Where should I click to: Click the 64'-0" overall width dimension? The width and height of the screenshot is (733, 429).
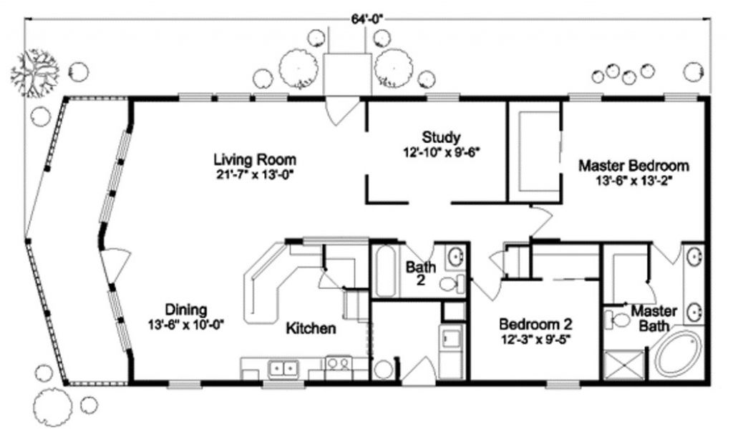tap(366, 19)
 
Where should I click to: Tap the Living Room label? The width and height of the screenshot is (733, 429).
tap(255, 160)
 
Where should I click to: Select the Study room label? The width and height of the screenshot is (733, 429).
tap(441, 137)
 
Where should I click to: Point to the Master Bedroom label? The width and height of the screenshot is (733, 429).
tap(634, 166)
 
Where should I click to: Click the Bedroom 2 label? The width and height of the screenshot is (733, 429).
tap(535, 323)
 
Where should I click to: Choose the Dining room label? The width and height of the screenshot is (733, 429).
tap(186, 310)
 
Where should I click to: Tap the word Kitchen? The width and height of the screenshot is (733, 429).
tap(311, 328)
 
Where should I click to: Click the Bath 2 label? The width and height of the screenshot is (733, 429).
tap(421, 273)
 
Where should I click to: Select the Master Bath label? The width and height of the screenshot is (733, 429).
tap(654, 318)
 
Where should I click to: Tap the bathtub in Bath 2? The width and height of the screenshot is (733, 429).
tap(386, 272)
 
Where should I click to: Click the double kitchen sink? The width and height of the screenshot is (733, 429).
tap(283, 369)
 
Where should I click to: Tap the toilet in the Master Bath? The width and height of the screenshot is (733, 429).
tap(618, 320)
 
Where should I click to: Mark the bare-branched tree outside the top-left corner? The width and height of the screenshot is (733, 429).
tap(35, 73)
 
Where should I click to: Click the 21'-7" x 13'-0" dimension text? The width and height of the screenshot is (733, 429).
tap(256, 174)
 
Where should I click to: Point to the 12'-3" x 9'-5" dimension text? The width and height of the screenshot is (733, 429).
tap(535, 338)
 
